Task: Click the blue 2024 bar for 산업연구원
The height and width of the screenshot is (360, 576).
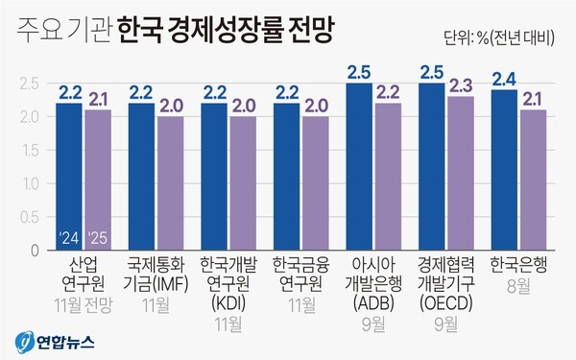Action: click(x=69, y=178)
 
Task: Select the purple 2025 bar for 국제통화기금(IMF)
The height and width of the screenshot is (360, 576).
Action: click(x=170, y=182)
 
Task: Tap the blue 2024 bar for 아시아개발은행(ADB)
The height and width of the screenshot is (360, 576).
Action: click(x=359, y=168)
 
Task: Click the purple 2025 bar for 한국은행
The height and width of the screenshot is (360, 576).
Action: click(x=533, y=180)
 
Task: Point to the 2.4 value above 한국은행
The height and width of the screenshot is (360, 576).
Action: click(x=504, y=80)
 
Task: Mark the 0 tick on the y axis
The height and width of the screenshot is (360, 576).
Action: click(x=34, y=251)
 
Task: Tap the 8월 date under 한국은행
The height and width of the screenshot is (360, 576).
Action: click(x=518, y=285)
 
